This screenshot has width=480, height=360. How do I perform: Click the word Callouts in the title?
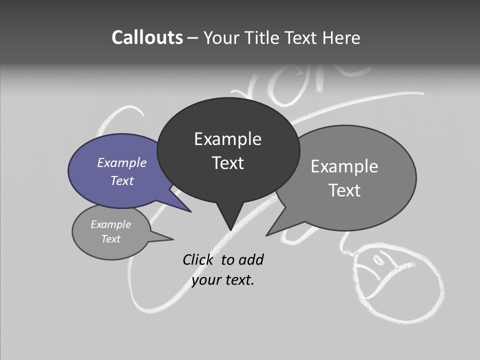click(x=147, y=37)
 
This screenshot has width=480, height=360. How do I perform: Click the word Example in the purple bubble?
click(x=122, y=162)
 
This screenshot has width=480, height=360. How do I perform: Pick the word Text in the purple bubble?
click(x=122, y=180)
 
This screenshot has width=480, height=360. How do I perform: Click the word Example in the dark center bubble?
click(x=227, y=139)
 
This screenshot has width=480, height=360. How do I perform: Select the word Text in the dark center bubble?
click(x=227, y=163)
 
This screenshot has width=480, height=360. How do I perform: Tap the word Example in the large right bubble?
click(x=344, y=166)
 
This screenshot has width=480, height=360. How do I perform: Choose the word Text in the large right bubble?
click(x=344, y=190)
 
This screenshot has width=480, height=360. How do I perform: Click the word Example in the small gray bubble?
click(x=111, y=224)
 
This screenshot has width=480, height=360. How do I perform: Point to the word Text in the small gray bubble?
click(x=111, y=239)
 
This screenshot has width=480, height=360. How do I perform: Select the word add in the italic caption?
click(x=251, y=259)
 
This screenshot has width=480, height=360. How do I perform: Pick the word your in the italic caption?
click(x=205, y=280)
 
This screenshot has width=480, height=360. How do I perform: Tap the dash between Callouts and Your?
click(x=193, y=38)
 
